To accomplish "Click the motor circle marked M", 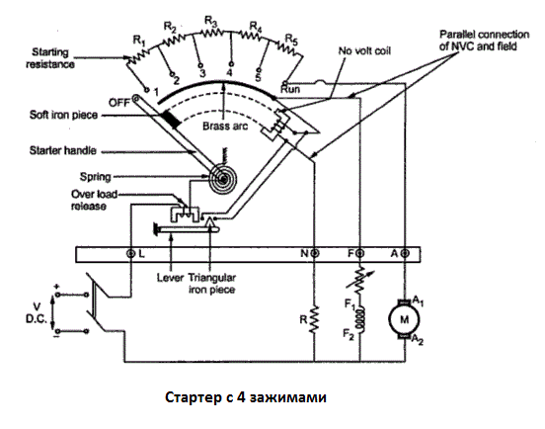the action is pos(404,319).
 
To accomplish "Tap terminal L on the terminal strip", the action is pos(130,254).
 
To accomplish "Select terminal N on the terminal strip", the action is pos(315,253).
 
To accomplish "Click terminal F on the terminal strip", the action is pos(360,253).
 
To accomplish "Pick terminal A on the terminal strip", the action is pos(405,253).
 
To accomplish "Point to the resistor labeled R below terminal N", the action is pos(314,319).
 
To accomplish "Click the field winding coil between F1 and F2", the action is pos(361,319).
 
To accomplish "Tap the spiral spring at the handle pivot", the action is pos(222,179).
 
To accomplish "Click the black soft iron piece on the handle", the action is pos(172,119).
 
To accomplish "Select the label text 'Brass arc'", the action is pos(225,126).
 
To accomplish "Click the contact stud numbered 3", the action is pos(200,65).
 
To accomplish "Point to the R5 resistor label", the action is pos(291,40).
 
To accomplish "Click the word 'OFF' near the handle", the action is pos(119,103).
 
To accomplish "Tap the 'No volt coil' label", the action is pos(364,50).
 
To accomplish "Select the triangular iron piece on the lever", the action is pos(209,221).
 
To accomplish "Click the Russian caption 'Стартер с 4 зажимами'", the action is pos(246,397).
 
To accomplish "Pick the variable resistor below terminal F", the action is pos(360,279).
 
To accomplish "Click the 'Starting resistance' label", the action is pos(50,58).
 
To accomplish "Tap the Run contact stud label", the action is pos(290,89).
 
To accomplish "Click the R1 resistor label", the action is pos(139,42).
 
